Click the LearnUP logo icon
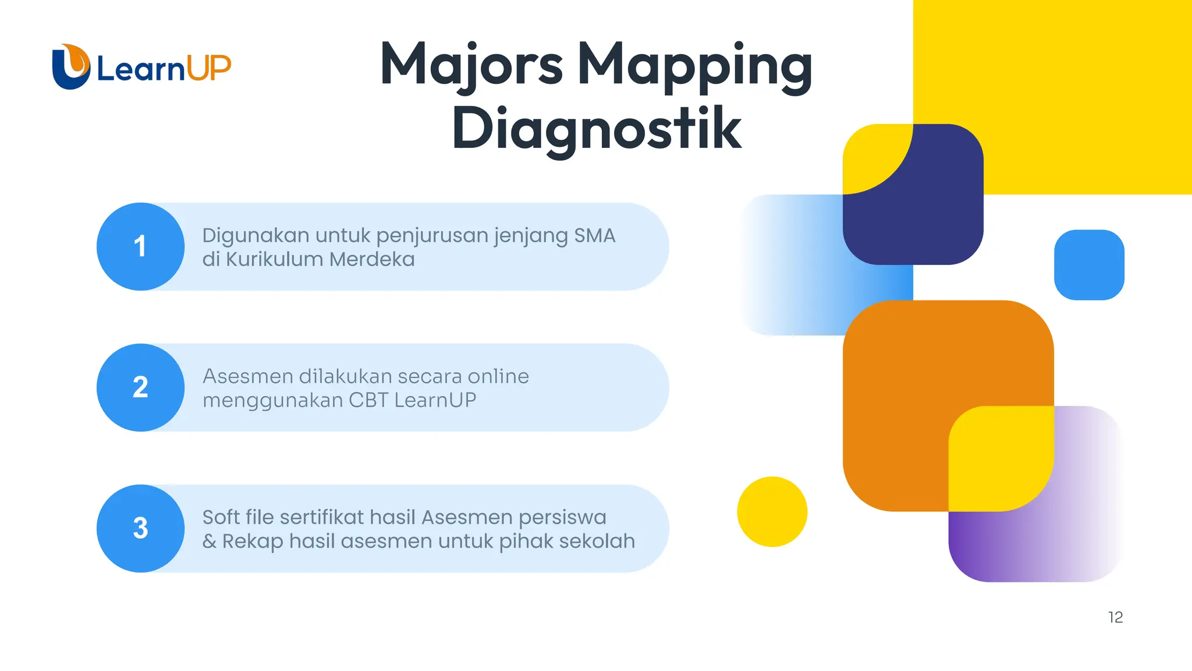pos(71,67)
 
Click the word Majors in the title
pos(471,65)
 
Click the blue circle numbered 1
pos(140,246)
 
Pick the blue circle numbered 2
pos(140,387)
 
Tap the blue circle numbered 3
pos(140,528)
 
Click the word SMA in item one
pos(594,235)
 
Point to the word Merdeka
pos(372,259)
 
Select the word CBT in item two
pos(368,400)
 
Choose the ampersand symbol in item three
pos(209,542)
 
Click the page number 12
pos(1115,617)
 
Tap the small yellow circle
pos(772,511)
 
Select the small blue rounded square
pos(1089,264)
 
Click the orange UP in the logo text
pos(209,68)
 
